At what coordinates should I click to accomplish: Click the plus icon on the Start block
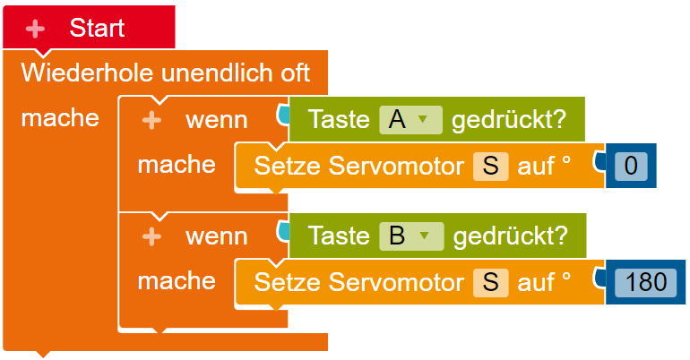pos(35,29)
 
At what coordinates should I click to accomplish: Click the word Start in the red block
pos(97,28)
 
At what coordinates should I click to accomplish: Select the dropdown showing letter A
pos(410,120)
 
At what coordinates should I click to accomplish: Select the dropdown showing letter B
pos(411,236)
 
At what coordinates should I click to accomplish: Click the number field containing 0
pos(631,166)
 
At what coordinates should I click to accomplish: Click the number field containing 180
pos(645,282)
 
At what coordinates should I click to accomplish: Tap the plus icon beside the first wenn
pos(151,120)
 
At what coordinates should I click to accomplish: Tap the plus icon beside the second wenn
pos(151,237)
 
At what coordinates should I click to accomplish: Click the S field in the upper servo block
pos(491,167)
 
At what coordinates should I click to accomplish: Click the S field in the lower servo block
pos(491,282)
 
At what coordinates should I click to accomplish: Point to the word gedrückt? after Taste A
pos(509,120)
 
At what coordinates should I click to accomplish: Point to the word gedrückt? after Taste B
pos(511,236)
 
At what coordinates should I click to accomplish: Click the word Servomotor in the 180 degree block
pos(396,282)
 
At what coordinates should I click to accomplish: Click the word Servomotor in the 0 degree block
pos(396,167)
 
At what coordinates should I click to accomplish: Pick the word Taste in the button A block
pos(339,120)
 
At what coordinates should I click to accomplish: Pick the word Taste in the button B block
pos(339,236)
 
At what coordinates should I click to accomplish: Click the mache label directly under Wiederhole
pos(60,118)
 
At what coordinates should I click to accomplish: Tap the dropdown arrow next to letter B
pos(424,236)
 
